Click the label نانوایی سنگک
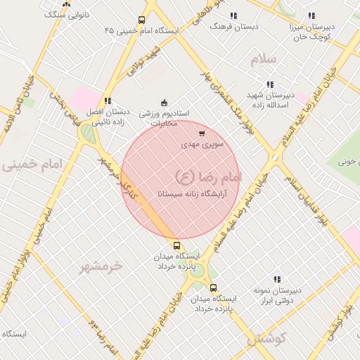(x=67, y=14)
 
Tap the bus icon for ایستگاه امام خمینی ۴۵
(x=141, y=20)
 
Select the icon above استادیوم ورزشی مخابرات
(x=165, y=103)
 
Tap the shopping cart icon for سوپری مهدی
(x=202, y=133)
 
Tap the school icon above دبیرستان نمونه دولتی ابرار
(x=277, y=279)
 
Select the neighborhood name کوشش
(x=265, y=338)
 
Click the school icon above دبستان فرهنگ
(x=233, y=15)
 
